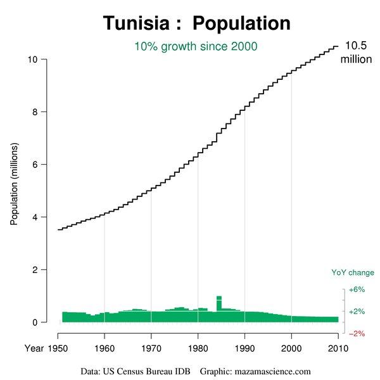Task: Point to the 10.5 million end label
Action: pos(355,52)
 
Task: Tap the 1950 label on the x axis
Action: pos(58,348)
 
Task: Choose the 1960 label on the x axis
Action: pos(104,348)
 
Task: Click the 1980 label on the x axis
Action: pos(198,348)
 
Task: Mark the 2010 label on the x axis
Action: pos(338,348)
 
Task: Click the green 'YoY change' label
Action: pos(353,273)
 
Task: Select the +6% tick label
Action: pos(357,289)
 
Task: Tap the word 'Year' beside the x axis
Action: pos(34,348)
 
